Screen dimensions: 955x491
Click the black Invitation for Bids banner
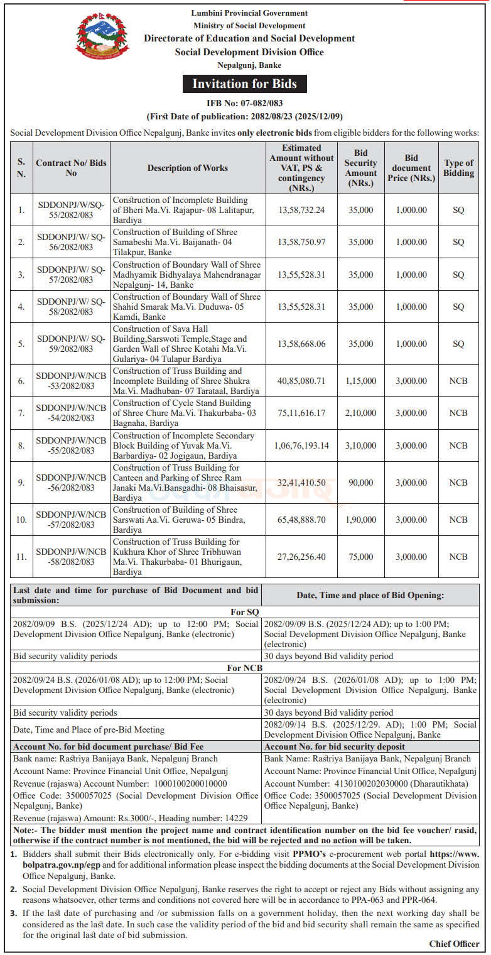(245, 84)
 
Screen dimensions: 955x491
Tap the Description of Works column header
(188, 168)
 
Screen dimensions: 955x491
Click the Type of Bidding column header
(458, 168)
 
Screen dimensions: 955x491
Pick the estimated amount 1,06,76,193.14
(301, 446)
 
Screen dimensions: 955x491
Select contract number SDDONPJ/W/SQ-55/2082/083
(71, 210)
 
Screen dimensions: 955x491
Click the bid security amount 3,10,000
(361, 446)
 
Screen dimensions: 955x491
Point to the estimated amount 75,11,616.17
(301, 413)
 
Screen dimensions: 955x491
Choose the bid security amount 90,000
(361, 483)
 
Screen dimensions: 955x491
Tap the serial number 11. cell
(21, 557)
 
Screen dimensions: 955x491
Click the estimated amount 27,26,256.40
(301, 557)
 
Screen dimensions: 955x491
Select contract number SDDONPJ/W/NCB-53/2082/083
(71, 381)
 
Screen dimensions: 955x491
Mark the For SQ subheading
(245, 612)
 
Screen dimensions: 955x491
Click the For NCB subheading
(245, 668)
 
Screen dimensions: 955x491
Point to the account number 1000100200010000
(189, 783)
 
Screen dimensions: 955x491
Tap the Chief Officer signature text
(454, 944)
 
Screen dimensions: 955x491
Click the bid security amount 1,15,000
(361, 381)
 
